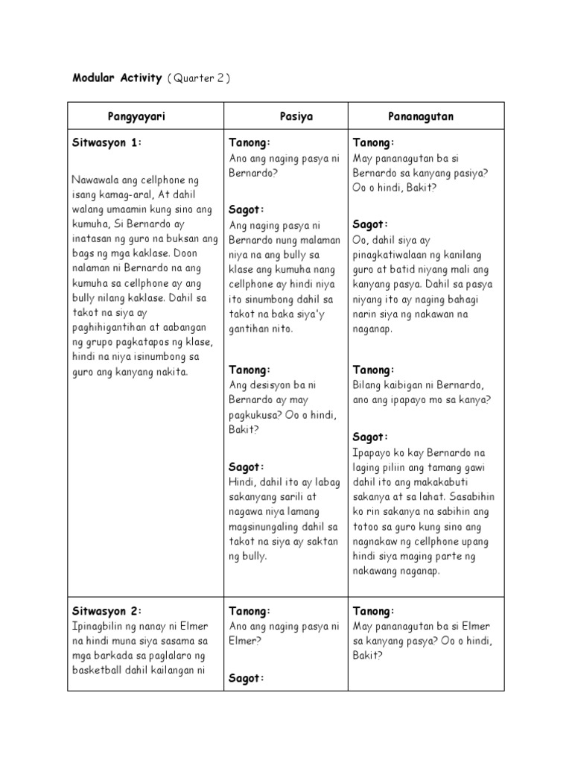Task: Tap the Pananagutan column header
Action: pos(421,117)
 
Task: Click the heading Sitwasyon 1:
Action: pos(107,142)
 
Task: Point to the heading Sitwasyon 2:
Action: pos(107,611)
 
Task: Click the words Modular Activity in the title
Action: pos(115,79)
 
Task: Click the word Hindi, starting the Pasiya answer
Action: pos(243,482)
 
